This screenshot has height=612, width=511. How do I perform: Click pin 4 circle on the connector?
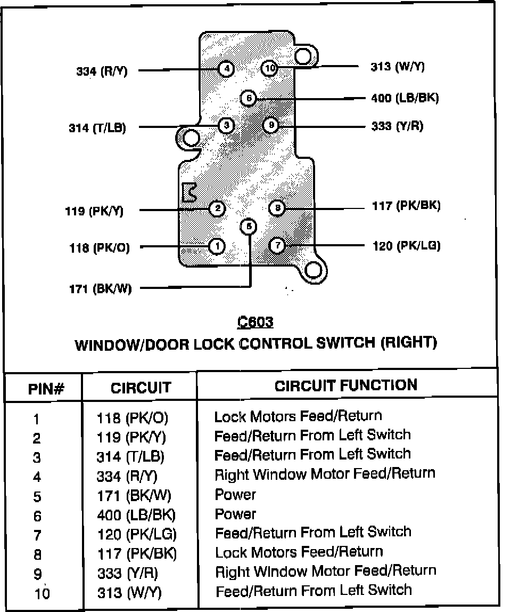pos(226,69)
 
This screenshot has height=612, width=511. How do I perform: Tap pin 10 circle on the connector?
pos(270,68)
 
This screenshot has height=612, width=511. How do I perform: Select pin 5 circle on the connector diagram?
pos(249,227)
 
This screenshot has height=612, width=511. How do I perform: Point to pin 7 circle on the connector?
pos(277,245)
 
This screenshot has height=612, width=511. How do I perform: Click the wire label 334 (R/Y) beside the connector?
pos(102,71)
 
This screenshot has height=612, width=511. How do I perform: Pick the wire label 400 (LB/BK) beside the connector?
pos(405,98)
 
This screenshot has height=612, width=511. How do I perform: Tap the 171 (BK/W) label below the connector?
pos(101,289)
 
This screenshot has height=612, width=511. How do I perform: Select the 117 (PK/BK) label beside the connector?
pos(406,206)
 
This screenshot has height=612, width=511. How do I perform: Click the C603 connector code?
pos(256,322)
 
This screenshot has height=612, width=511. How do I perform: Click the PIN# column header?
pos(46,389)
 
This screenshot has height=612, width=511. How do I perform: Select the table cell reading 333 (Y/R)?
pos(127,573)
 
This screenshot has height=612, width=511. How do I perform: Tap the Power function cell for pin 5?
pos(235,495)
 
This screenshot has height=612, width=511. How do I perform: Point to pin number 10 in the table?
pos(42,593)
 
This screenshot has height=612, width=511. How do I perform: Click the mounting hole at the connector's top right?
pos(304,56)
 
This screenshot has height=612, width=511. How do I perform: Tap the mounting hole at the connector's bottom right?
pos(314,270)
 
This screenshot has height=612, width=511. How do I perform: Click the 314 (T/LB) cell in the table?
pos(130,457)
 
